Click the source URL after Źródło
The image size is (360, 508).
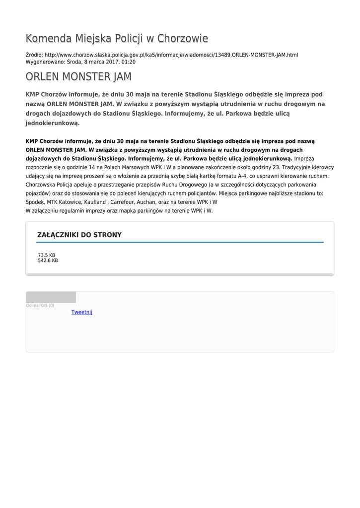tap(171, 55)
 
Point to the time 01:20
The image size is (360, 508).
tap(129, 62)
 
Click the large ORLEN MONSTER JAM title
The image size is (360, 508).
tap(78, 77)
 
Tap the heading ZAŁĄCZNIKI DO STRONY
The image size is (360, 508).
tap(79, 235)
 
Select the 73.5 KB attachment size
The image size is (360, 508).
tap(47, 255)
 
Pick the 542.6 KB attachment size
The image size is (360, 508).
tap(48, 260)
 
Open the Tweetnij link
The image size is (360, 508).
tap(81, 312)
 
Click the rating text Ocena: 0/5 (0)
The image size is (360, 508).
tap(40, 306)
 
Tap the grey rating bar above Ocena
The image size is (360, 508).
tap(51, 297)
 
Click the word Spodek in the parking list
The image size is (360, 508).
tap(34, 202)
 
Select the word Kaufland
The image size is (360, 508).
tap(95, 202)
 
